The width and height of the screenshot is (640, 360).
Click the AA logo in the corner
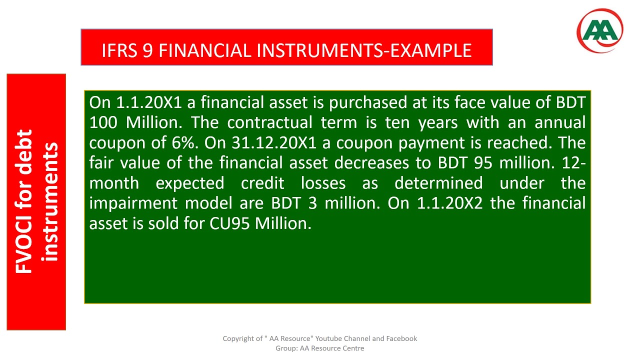(600, 31)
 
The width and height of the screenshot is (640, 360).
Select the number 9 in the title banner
(147, 50)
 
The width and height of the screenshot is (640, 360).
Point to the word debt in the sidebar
(24, 150)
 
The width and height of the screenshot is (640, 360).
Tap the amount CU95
(230, 223)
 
